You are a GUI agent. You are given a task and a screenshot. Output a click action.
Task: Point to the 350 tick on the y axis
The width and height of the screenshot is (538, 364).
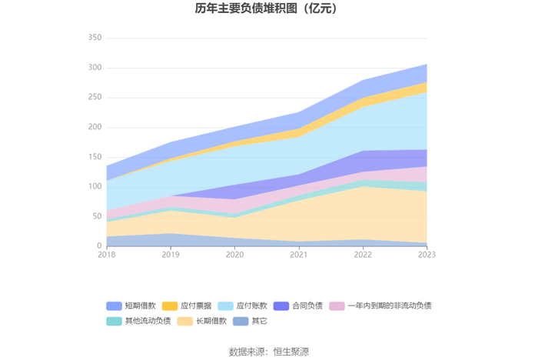point(95,38)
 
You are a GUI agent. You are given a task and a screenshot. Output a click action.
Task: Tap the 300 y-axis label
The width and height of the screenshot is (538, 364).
point(95,67)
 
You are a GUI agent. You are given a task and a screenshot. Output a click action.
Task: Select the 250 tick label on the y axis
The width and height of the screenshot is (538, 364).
point(95,97)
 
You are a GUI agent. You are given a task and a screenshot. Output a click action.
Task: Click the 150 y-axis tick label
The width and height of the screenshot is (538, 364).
point(95,157)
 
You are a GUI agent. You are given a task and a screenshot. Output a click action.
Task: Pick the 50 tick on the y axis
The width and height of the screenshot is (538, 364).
point(97,216)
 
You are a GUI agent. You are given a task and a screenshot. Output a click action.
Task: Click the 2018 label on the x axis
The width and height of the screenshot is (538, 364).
point(107,255)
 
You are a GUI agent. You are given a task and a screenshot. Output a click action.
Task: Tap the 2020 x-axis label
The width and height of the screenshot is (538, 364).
point(234,255)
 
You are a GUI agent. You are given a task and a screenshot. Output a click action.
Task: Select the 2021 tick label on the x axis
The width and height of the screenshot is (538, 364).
point(299,255)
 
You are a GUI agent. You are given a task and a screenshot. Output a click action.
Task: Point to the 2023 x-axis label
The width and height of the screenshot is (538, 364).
point(427,255)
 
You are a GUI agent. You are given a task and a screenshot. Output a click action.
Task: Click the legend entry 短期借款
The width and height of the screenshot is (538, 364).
point(131,306)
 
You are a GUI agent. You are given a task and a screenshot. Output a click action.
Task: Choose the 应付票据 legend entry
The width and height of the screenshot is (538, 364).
point(187,306)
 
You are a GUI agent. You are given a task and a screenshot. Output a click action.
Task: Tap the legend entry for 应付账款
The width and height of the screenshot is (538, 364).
point(243,306)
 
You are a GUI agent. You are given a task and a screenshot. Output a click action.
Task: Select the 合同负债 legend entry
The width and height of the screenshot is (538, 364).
point(298,306)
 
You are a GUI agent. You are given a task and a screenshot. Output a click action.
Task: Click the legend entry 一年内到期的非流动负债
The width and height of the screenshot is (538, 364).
point(380,306)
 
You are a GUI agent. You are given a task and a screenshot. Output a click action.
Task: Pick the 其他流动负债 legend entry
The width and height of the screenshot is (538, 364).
point(138,321)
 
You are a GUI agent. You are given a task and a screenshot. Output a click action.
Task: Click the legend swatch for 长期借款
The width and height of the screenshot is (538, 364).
point(185,321)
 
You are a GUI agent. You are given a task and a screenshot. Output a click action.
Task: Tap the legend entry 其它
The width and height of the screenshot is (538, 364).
point(250,321)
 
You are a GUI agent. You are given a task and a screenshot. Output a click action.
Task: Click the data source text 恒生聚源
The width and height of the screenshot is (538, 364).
point(291,352)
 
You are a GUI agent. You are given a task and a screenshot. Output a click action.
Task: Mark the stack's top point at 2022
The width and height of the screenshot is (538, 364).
point(363,80)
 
